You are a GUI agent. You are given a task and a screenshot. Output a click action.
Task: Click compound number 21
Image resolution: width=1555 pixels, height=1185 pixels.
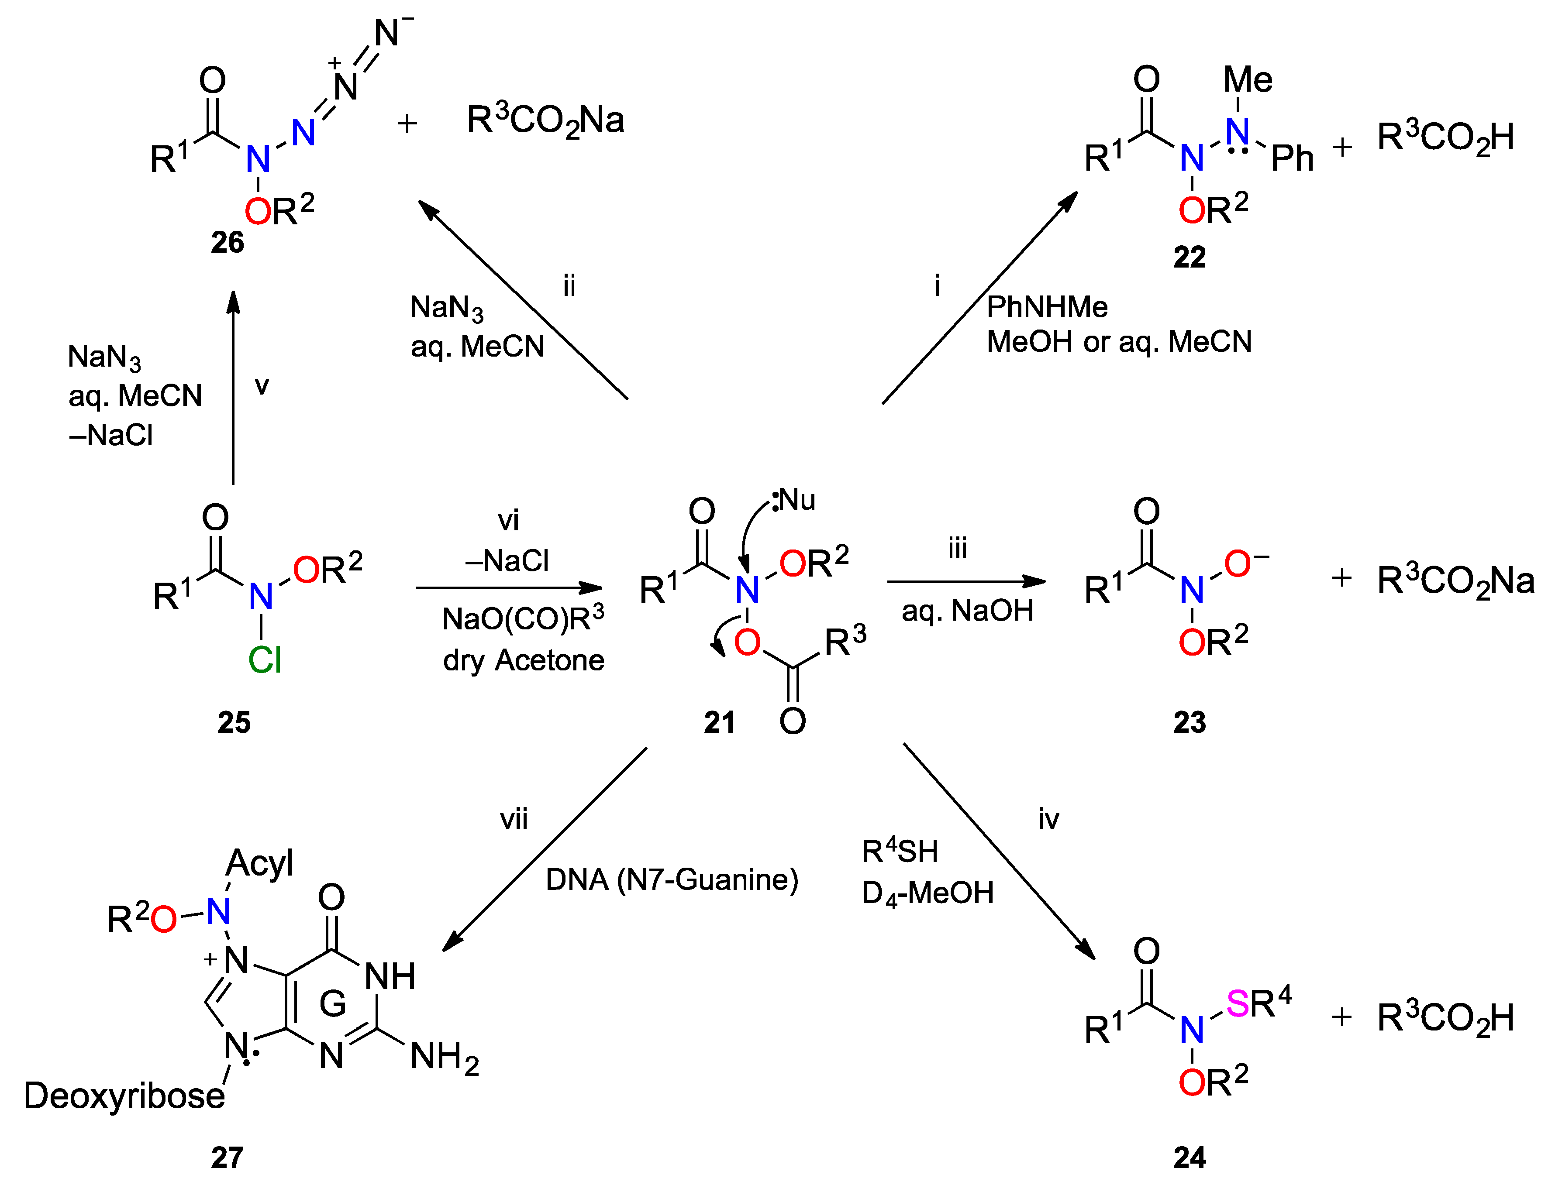pos(719,722)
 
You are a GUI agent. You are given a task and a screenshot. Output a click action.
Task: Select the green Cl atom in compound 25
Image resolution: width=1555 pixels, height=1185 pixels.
pos(265,660)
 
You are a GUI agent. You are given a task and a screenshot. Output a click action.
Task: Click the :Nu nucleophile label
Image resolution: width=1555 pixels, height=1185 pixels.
pos(794,500)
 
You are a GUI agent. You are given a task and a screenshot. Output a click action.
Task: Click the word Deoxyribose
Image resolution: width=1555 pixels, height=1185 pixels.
pos(124,1096)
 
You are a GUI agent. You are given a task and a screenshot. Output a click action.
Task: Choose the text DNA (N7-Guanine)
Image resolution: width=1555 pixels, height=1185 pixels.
pos(672,879)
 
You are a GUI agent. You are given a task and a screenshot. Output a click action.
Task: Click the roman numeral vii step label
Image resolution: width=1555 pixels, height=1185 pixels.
pos(514,820)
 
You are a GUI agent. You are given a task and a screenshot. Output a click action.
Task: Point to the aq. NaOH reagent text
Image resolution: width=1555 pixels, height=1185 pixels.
pos(967,611)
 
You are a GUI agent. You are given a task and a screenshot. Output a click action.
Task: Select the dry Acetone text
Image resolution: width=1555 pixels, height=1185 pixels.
pos(524,661)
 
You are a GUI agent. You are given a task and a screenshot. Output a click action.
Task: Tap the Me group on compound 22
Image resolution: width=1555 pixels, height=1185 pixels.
pos(1248,79)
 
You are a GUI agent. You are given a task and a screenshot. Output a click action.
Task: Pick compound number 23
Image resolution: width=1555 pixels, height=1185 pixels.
pos(1190,722)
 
